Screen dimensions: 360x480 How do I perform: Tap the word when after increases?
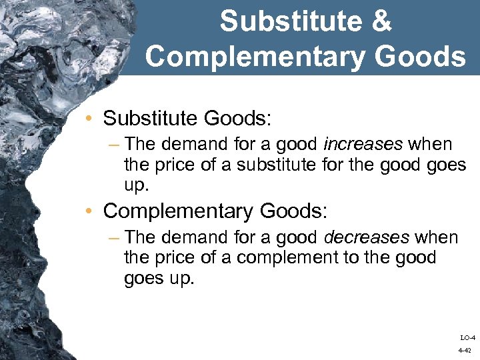(x=430, y=144)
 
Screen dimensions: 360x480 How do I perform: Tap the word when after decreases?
(x=436, y=237)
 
